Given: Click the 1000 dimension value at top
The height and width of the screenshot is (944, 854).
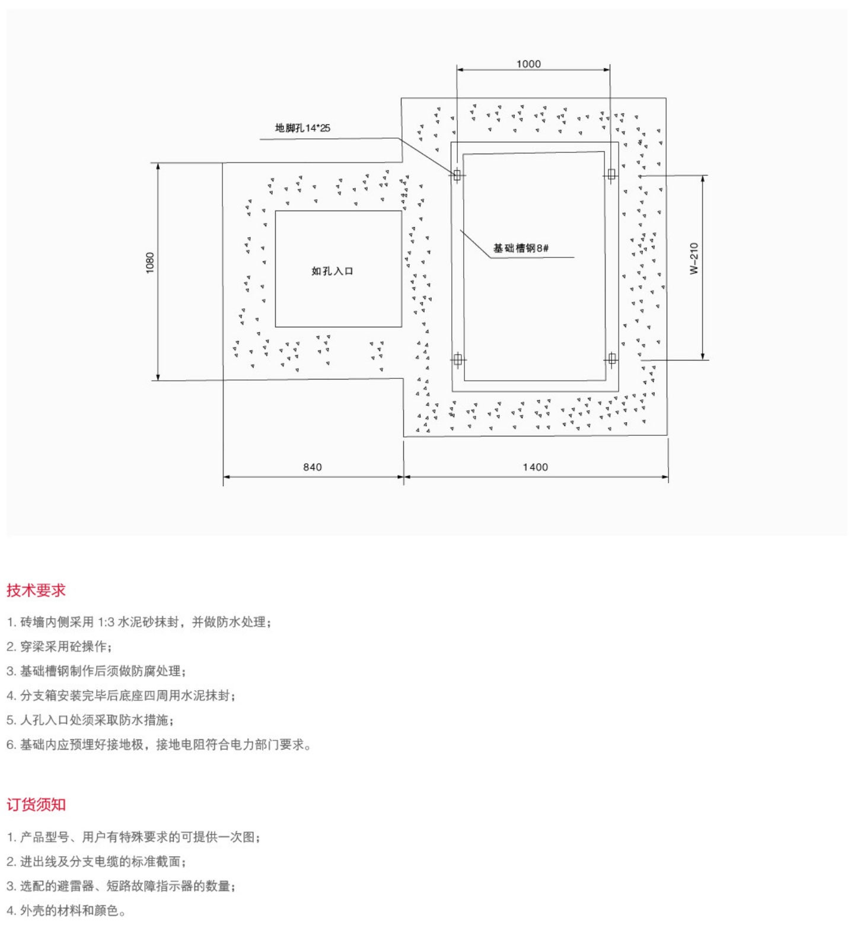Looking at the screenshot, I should (528, 64).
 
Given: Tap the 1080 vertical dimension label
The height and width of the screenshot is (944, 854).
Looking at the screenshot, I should (150, 263).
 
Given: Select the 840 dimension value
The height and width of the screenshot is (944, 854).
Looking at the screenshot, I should (313, 467).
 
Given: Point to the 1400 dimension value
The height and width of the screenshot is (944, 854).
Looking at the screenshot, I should (535, 467).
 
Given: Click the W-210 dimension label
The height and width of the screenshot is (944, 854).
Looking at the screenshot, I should (694, 258).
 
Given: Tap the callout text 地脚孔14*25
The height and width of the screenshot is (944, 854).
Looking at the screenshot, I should (302, 128).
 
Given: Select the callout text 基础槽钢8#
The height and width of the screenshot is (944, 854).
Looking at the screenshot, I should (521, 248).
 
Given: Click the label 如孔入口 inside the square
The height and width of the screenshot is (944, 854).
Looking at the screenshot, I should (332, 271).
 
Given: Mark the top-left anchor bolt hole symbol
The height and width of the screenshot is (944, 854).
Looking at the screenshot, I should (457, 175).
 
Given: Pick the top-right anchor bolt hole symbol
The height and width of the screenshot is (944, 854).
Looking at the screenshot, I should (611, 174).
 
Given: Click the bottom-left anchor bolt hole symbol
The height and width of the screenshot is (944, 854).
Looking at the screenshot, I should (457, 359).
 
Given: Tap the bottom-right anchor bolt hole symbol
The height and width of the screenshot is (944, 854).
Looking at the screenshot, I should (612, 359).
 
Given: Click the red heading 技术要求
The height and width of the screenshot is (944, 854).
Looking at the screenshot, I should (36, 591).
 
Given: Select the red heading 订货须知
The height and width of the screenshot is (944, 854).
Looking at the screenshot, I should (36, 805).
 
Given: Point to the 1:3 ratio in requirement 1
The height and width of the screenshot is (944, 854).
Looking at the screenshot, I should (106, 622).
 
